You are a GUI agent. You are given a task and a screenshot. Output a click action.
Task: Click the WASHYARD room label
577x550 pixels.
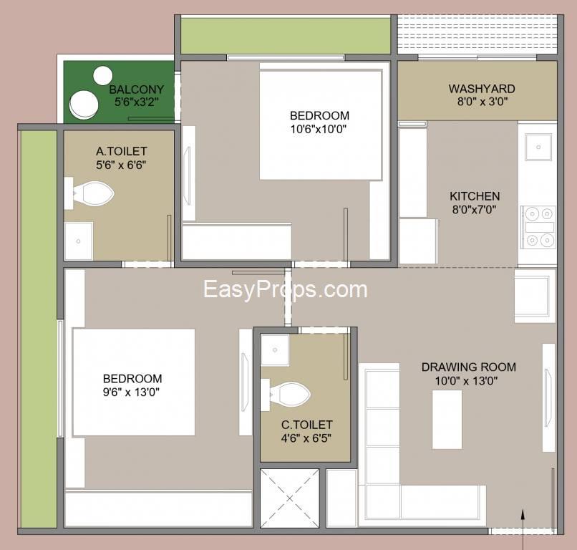(482, 89)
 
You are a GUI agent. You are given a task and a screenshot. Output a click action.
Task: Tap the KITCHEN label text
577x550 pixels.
(475, 196)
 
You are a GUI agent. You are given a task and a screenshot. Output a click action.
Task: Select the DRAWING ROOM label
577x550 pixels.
(468, 367)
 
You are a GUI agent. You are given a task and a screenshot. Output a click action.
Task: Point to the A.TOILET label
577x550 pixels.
(122, 151)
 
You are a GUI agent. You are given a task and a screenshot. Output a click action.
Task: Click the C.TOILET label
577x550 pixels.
(307, 425)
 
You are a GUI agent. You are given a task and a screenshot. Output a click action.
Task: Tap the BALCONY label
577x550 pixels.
(137, 90)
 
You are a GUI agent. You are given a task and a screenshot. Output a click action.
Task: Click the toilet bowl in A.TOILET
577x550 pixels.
(94, 193)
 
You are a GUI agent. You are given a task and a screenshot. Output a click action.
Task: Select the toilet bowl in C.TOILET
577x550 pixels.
(290, 395)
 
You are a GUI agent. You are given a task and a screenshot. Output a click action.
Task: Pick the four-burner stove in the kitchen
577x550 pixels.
(538, 227)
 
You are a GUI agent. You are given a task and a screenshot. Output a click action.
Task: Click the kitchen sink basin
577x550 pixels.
(538, 148)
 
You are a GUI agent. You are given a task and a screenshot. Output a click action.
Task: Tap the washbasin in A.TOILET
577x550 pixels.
(78, 241)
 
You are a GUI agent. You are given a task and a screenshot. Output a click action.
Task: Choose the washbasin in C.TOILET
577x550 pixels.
(275, 349)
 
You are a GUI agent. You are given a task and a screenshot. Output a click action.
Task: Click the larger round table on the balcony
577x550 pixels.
(84, 105)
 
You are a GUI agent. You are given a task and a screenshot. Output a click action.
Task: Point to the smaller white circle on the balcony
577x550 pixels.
(102, 76)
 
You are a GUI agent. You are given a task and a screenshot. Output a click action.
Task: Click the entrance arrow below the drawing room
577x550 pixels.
(523, 529)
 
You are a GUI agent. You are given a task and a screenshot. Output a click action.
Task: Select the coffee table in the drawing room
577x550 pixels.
(447, 420)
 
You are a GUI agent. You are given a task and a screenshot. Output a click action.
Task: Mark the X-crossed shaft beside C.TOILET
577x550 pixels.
(290, 498)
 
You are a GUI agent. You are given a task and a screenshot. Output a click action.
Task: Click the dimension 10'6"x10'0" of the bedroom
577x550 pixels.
(319, 129)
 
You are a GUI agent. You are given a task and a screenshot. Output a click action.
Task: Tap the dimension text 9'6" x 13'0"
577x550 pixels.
(132, 392)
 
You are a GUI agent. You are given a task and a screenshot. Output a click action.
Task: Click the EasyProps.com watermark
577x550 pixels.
(285, 289)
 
